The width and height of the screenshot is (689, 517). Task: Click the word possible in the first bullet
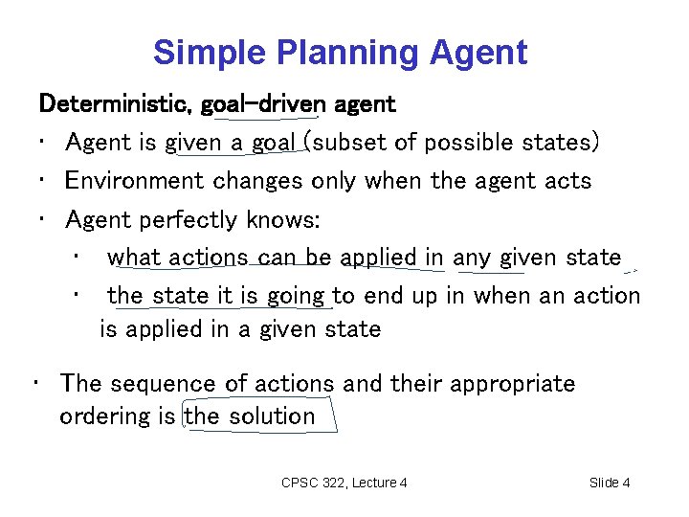464,143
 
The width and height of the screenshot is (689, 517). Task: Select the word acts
566,181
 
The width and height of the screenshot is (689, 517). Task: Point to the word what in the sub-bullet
134,258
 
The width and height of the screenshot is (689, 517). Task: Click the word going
295,297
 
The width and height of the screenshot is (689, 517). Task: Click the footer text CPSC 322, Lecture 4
344,483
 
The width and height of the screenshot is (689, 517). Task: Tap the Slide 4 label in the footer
610,483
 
